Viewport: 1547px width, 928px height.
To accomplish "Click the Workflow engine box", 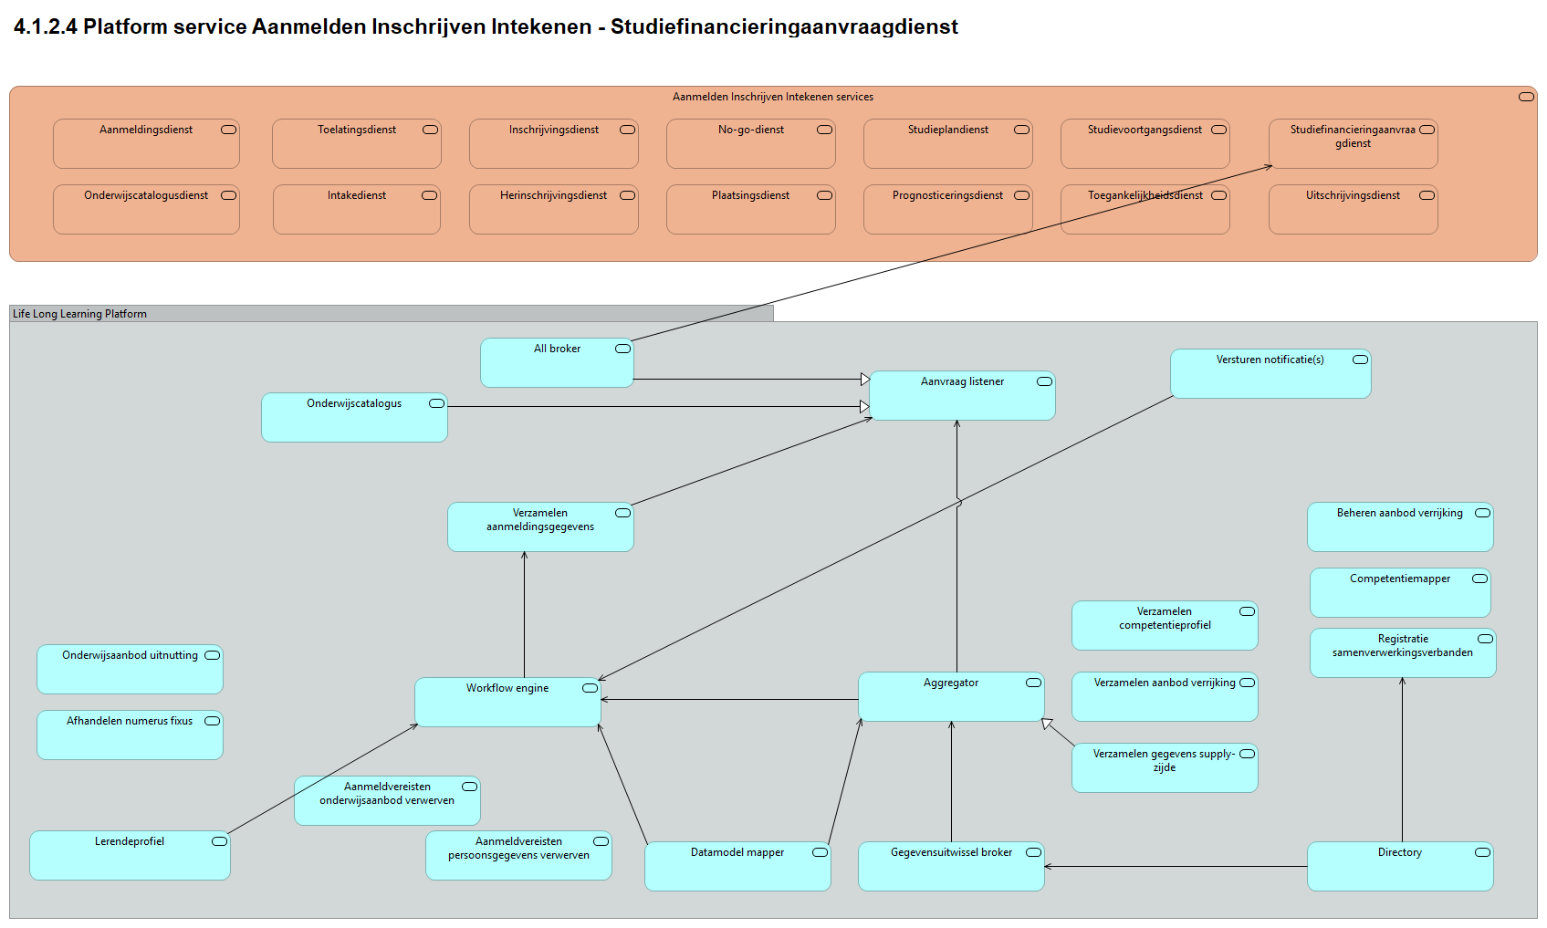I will click(507, 702).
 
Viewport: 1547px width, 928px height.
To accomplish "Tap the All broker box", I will click(557, 362).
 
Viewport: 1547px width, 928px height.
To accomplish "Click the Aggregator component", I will click(951, 697).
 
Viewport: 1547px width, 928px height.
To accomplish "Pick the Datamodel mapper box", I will click(737, 866).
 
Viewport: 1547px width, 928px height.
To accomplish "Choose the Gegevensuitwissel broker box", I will click(951, 866).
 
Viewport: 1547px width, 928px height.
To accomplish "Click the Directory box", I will click(1400, 866).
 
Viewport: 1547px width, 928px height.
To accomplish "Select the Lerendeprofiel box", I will click(130, 855).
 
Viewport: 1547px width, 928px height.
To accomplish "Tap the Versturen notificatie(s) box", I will click(1270, 374).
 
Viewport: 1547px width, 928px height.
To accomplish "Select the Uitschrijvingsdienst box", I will click(1353, 210).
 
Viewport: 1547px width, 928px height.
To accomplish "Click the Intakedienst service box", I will click(356, 210).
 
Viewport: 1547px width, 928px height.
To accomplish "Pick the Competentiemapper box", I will click(1400, 592).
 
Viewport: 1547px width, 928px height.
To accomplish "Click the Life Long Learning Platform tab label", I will click(80, 314).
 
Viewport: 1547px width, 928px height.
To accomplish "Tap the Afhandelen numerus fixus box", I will click(130, 735).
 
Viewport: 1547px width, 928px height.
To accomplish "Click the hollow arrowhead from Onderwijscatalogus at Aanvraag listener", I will click(864, 406).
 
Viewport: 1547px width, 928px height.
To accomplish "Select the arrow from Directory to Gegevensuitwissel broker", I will click(1177, 866).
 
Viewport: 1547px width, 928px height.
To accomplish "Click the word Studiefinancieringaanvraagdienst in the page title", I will click(784, 27).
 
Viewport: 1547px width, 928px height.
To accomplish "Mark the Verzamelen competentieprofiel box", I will click(1165, 625).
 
